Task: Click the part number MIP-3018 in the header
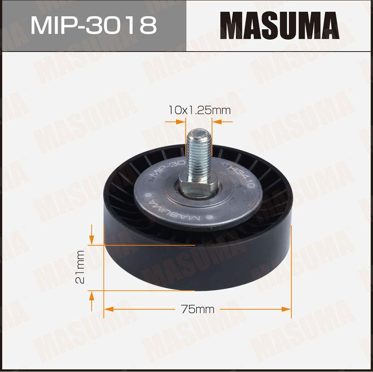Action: [94, 25]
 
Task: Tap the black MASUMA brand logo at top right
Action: [279, 25]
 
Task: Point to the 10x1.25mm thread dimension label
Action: [199, 110]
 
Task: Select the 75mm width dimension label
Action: [198, 309]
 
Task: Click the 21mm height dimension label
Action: [80, 267]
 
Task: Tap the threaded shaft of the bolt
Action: [199, 155]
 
